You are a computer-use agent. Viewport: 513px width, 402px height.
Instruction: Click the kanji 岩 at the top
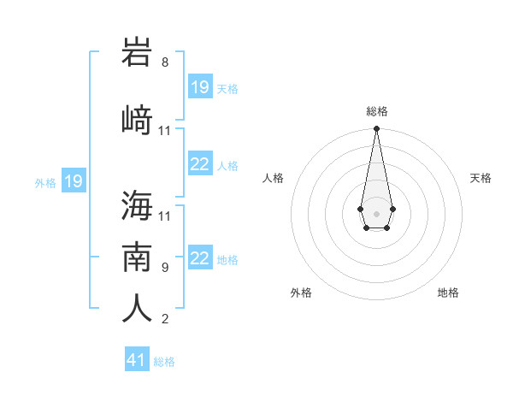137,54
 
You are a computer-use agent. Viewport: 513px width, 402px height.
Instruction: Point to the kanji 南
137,257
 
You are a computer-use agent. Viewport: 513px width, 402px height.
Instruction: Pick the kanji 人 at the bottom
137,309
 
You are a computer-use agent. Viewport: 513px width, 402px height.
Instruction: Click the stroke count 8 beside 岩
165,62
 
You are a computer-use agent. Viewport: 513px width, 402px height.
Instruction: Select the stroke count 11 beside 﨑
165,131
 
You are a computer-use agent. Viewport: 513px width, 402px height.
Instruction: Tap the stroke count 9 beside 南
165,267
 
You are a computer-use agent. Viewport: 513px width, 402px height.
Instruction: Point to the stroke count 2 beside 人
165,319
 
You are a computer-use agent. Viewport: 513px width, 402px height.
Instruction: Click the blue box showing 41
137,360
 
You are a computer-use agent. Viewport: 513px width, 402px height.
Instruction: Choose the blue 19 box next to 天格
200,87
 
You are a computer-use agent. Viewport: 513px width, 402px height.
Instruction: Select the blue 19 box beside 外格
74,181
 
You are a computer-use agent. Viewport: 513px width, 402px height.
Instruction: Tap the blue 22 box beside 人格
200,164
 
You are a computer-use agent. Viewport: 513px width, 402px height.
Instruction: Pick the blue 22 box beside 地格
200,258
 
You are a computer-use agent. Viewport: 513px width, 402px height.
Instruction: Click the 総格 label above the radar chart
376,111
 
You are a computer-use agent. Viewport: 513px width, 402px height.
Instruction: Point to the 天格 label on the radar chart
481,178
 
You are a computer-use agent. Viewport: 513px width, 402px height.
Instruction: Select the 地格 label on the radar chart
448,293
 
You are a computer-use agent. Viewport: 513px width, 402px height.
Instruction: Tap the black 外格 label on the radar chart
301,293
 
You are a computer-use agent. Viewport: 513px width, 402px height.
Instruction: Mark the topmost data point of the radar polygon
376,129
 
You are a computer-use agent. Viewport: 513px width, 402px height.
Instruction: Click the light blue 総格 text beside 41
164,361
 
